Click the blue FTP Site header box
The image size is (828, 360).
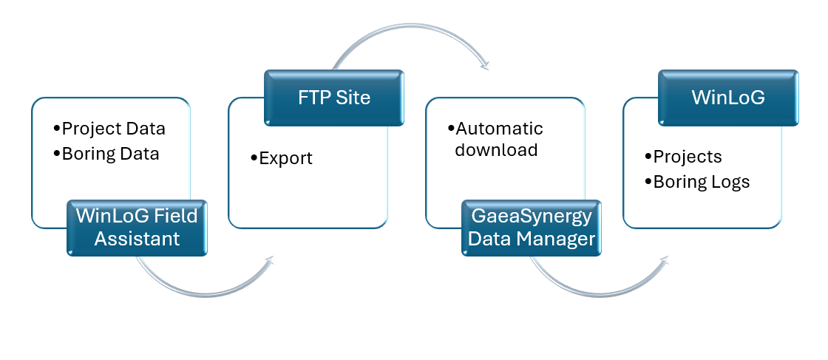click(334, 97)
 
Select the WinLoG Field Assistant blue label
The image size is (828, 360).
click(137, 228)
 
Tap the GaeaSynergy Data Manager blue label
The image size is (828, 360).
click(532, 228)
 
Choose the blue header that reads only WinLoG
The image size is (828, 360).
click(728, 97)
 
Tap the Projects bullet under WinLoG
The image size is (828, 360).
click(687, 157)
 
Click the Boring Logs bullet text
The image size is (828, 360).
click(701, 182)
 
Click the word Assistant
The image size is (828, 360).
click(137, 239)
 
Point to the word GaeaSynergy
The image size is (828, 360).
click(532, 217)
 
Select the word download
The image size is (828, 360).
click(496, 150)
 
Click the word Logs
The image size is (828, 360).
click(729, 182)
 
